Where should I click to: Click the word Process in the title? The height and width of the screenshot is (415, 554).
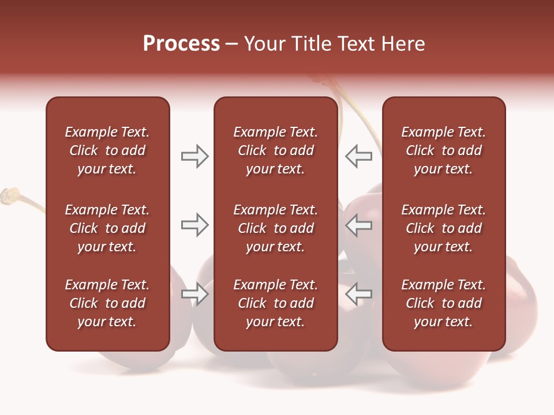[x=181, y=44]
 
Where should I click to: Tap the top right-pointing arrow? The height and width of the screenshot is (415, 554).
[x=194, y=156]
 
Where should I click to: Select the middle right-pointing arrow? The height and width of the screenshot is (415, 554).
[x=194, y=225]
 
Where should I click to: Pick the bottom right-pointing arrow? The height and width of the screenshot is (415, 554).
[x=194, y=294]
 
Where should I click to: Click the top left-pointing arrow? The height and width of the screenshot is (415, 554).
[x=359, y=156]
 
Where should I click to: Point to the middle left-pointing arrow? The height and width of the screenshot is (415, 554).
[x=359, y=225]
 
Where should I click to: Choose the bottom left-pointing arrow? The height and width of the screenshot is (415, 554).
[x=359, y=294]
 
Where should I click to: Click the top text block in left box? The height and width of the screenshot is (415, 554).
[x=107, y=150]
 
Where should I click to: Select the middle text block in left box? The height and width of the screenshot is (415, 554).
[x=107, y=228]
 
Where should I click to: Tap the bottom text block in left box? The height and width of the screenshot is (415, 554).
[x=107, y=303]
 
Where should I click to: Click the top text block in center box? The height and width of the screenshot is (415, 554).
[x=275, y=150]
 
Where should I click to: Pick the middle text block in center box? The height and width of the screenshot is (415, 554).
[x=275, y=228]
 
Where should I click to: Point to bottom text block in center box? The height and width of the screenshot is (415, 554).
[x=275, y=303]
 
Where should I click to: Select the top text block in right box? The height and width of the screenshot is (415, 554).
[x=443, y=150]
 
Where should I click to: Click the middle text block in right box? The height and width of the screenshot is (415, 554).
[x=443, y=228]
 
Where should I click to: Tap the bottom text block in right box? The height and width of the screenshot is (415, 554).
[x=443, y=303]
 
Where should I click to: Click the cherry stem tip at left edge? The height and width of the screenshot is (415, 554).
[x=9, y=195]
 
